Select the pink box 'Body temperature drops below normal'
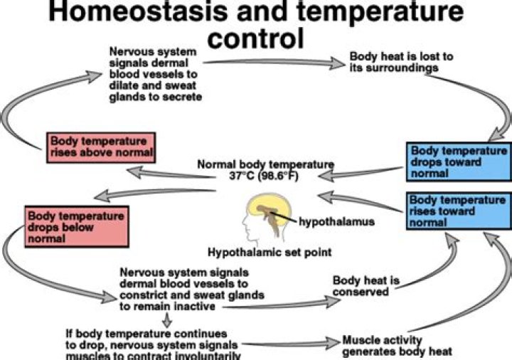75,226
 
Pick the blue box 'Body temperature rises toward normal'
458,211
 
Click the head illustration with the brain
267,214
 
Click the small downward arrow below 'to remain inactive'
166,320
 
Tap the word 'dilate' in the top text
124,84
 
